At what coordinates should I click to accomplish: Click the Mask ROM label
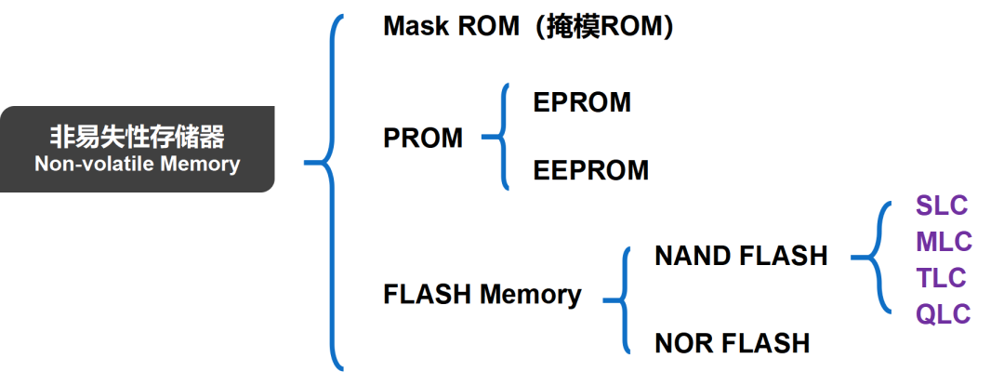451,26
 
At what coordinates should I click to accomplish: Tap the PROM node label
423,139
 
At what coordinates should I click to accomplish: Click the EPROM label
582,102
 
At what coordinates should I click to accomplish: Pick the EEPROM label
591,170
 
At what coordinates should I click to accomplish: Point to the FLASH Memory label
482,295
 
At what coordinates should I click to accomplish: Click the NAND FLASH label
741,256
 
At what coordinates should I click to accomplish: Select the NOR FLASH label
733,343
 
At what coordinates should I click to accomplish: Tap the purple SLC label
942,206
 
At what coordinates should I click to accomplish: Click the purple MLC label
944,242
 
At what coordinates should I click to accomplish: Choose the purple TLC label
942,277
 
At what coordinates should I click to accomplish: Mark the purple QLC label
943,313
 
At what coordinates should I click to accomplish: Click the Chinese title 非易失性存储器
137,138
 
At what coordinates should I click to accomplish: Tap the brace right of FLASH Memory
619,299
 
